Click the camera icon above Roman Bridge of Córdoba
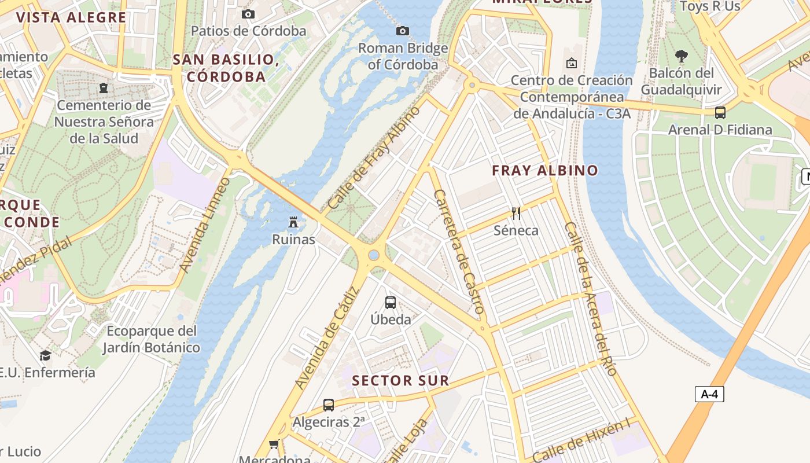[x=403, y=31]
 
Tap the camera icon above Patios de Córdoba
[x=248, y=14]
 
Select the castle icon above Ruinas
[x=294, y=222]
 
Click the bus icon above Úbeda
[x=391, y=302]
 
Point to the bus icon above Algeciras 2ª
[x=329, y=405]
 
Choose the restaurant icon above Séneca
[x=516, y=214]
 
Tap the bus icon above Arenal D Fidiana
[x=720, y=113]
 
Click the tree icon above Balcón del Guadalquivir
[x=682, y=56]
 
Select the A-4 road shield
[x=709, y=394]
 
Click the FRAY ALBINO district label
[x=544, y=171]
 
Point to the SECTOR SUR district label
[x=400, y=381]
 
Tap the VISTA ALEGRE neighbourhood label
[x=71, y=17]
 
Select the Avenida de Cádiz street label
[x=327, y=338]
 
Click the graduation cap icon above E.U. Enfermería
[x=45, y=355]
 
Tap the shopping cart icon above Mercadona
[x=274, y=444]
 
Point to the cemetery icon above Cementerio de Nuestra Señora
[x=104, y=88]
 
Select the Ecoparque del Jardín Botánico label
[x=151, y=339]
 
